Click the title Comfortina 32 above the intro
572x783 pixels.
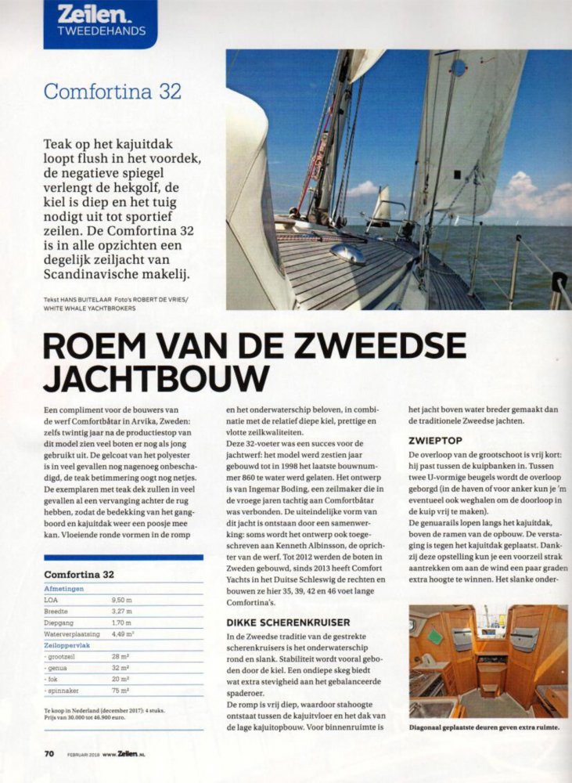(113, 91)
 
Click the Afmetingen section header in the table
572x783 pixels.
(64, 588)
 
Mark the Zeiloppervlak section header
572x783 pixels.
(70, 647)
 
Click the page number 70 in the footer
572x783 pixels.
(49, 753)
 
